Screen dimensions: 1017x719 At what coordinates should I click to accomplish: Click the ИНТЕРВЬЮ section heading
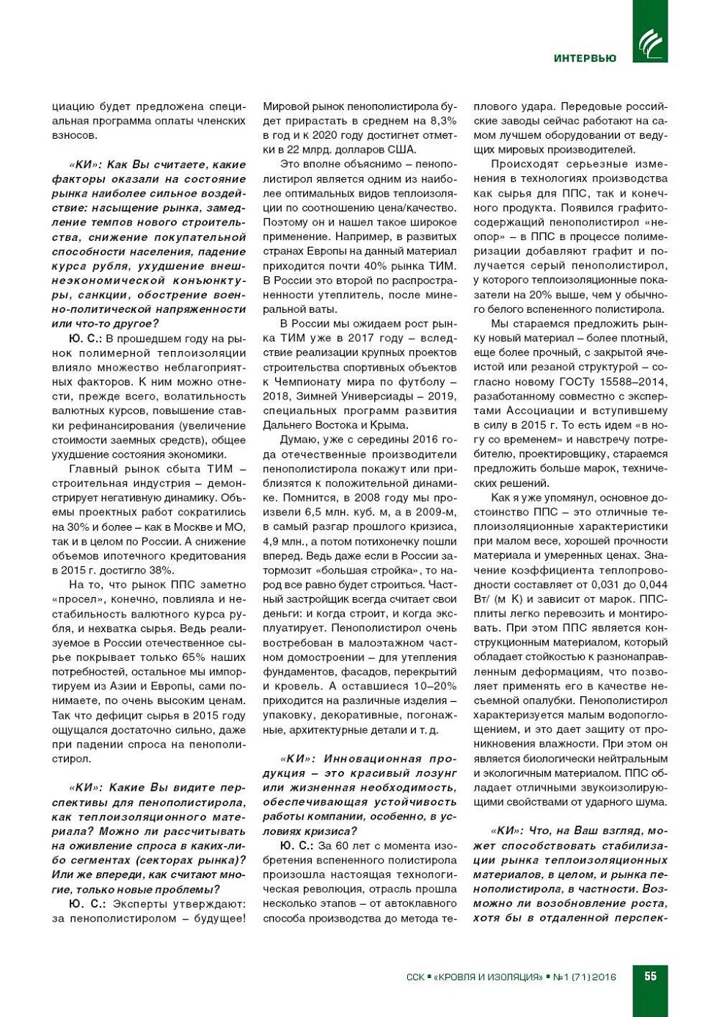pyautogui.click(x=585, y=59)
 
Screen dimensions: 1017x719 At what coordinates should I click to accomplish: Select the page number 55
pyautogui.click(x=650, y=977)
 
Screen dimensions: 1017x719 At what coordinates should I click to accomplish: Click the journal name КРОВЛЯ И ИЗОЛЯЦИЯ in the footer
pyautogui.click(x=489, y=977)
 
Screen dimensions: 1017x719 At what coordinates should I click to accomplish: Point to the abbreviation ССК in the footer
pyautogui.click(x=415, y=977)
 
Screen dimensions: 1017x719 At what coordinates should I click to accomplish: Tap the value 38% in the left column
pyautogui.click(x=161, y=571)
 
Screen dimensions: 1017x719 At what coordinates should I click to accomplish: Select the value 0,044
pyautogui.click(x=654, y=584)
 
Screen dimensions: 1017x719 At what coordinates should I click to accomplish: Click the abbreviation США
pyautogui.click(x=401, y=150)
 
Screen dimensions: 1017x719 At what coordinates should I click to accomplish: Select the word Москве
pyautogui.click(x=189, y=527)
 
